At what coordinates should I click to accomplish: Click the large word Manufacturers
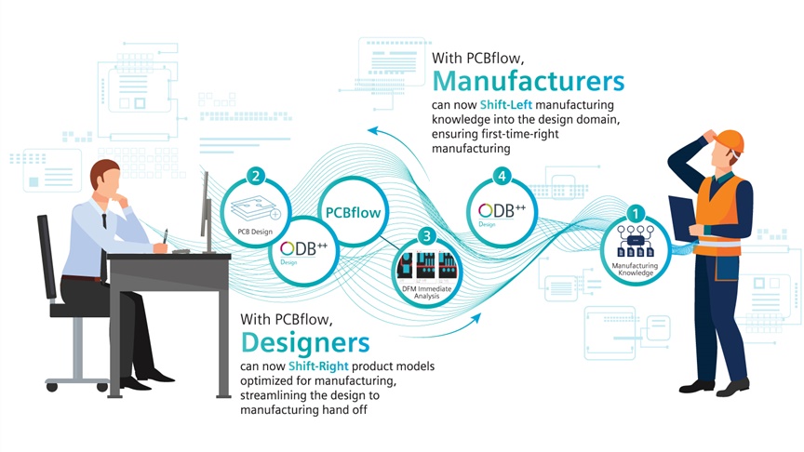tap(529, 81)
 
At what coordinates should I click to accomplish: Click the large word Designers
tap(305, 342)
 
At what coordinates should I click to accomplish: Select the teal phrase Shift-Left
tap(505, 104)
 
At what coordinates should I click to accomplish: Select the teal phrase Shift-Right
tap(318, 366)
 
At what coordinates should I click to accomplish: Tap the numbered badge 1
tap(636, 214)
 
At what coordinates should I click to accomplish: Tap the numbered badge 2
tap(255, 177)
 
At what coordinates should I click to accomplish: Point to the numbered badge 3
tap(426, 236)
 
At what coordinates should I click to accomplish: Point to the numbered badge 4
tap(502, 177)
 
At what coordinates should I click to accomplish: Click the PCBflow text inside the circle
tap(354, 213)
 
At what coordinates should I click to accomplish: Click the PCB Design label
tap(255, 232)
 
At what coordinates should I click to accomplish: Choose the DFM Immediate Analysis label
tap(426, 292)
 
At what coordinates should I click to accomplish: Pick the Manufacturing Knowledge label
tap(635, 269)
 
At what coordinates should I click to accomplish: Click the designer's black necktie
tap(104, 220)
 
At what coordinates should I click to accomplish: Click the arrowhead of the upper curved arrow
tap(373, 131)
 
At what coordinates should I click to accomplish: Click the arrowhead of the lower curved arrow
tap(476, 318)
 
